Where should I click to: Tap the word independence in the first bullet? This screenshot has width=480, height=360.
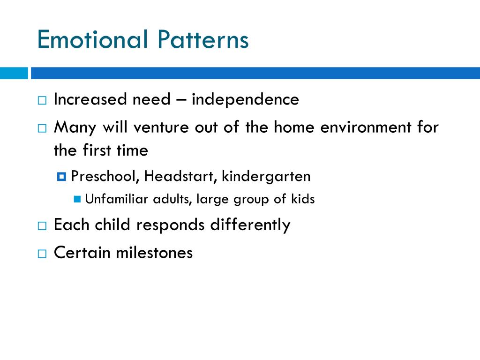245,99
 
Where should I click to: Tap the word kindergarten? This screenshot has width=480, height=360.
266,177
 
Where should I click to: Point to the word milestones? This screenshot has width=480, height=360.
154,253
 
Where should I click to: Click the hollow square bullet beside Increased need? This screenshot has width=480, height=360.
42,100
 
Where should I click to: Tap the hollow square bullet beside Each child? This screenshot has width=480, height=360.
42,226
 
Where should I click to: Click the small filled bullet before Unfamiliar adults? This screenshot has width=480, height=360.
78,199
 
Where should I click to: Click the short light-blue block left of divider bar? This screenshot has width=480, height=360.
14,73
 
